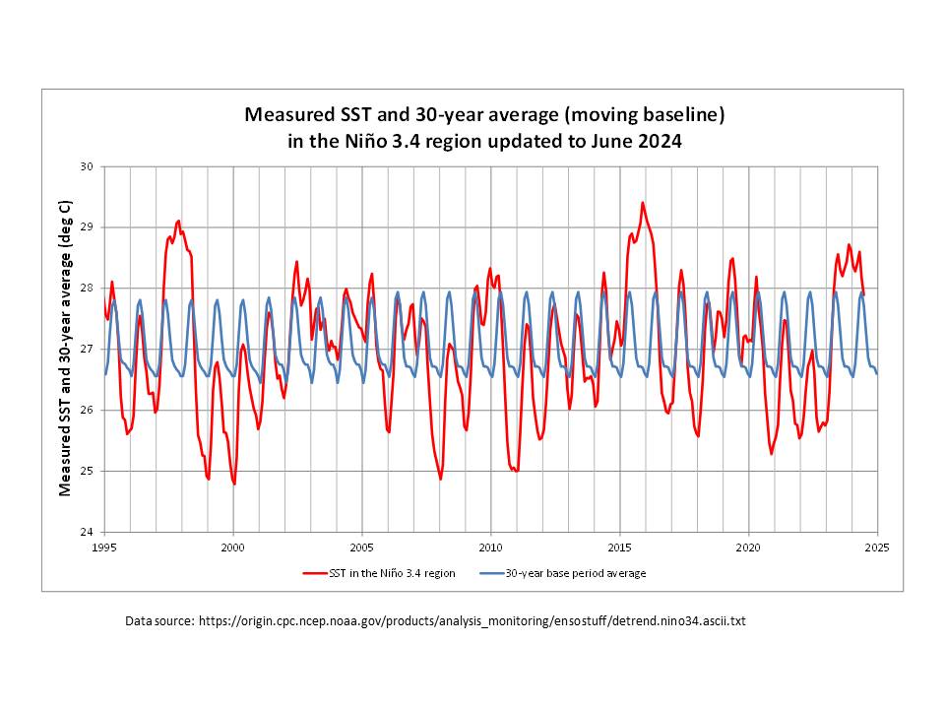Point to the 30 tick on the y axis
coord(86,166)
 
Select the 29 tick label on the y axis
coord(86,227)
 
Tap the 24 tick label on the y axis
coord(86,532)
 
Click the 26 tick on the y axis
coord(86,410)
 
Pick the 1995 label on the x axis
coord(104,548)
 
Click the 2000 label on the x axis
coord(233,548)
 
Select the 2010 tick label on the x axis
coord(490,548)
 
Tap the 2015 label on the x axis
coord(619,548)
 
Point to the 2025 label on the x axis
coord(876,548)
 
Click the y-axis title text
coord(65,349)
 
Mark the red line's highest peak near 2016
coord(643,203)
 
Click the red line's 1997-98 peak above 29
coord(178,221)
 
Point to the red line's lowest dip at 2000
coord(234,483)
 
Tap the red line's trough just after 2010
coord(516,472)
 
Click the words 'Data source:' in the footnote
coord(159,621)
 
